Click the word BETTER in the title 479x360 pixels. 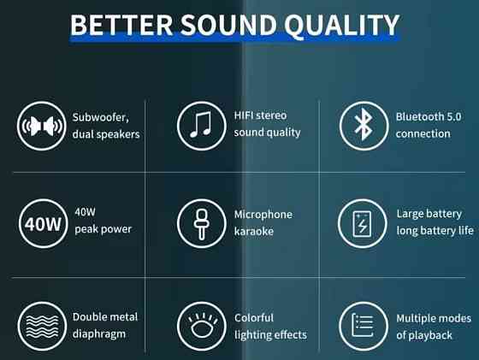118,25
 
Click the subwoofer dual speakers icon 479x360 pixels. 41,126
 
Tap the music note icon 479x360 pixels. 201,126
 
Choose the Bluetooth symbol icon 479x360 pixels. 364,126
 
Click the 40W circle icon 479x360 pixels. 41,225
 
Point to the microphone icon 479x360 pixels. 201,225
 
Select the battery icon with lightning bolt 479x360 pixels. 364,225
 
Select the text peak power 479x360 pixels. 103,229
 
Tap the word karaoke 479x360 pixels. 254,231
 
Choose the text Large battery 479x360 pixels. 429,214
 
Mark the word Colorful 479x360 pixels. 254,318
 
